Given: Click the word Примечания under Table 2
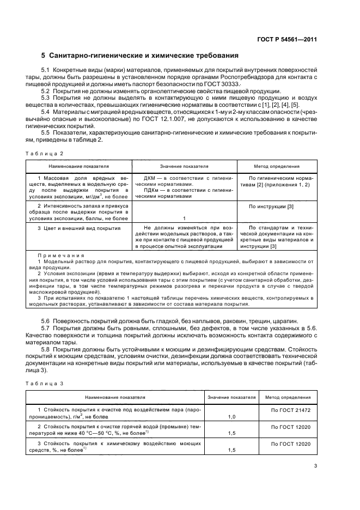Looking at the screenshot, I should (x=61, y=256).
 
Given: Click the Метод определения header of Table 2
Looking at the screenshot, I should (x=277, y=166).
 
